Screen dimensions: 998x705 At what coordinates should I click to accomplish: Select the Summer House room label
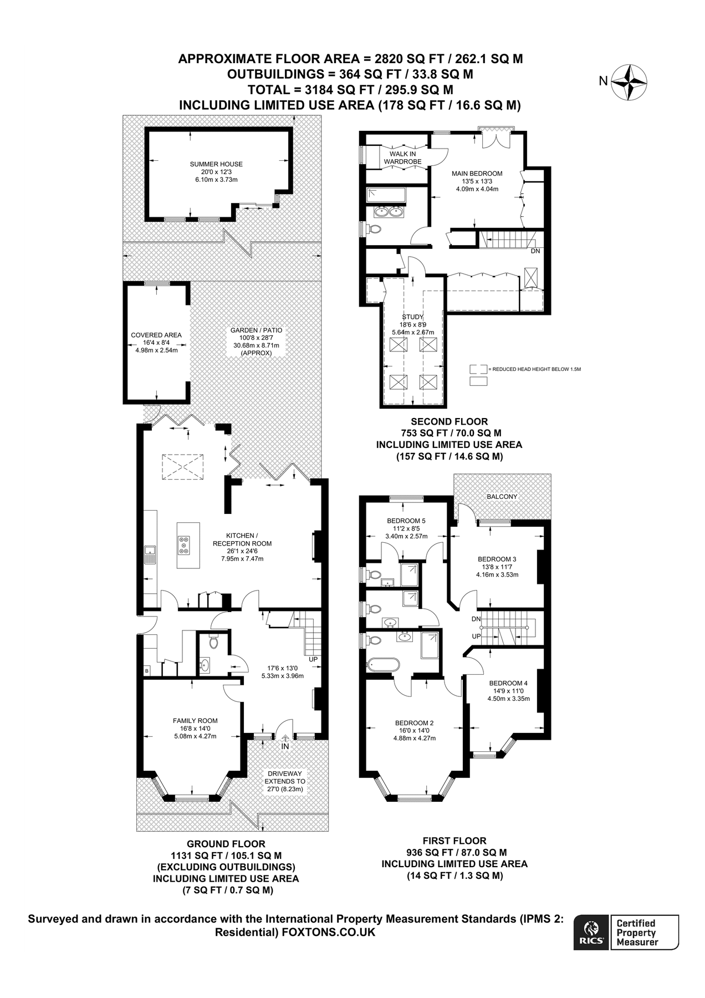point(216,164)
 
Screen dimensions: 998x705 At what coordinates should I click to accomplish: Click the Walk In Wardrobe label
point(403,157)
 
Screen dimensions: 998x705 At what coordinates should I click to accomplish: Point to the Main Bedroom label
point(477,174)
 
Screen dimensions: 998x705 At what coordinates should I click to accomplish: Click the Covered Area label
point(156,335)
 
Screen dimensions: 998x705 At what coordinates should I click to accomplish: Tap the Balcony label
point(502,497)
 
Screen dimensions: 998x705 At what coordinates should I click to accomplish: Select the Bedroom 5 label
point(406,521)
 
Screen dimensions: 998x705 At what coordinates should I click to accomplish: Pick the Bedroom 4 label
point(508,683)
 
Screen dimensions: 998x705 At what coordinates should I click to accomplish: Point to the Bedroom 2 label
point(414,723)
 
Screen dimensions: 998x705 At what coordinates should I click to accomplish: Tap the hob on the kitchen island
point(183,545)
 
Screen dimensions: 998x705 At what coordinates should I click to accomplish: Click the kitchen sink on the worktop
point(150,554)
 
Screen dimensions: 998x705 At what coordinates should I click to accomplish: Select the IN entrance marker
point(285,746)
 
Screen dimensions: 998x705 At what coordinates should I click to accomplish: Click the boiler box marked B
point(147,671)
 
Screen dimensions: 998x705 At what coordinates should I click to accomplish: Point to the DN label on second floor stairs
point(535,251)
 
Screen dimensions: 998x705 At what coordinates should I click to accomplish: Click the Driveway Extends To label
point(285,781)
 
